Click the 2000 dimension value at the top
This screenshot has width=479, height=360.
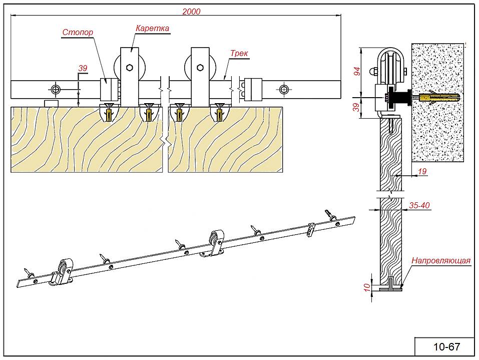[x=191, y=12]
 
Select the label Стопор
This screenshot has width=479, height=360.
[x=78, y=33]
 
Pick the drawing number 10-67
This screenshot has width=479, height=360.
[x=446, y=346]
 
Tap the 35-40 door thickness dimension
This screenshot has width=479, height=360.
[x=419, y=205]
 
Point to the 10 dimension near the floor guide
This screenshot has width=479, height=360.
[x=366, y=286]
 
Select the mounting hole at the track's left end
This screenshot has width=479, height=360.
[x=55, y=90]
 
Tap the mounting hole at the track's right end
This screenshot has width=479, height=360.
[x=284, y=90]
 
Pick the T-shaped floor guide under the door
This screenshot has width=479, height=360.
[x=390, y=286]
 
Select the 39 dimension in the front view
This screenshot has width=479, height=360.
[x=83, y=68]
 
